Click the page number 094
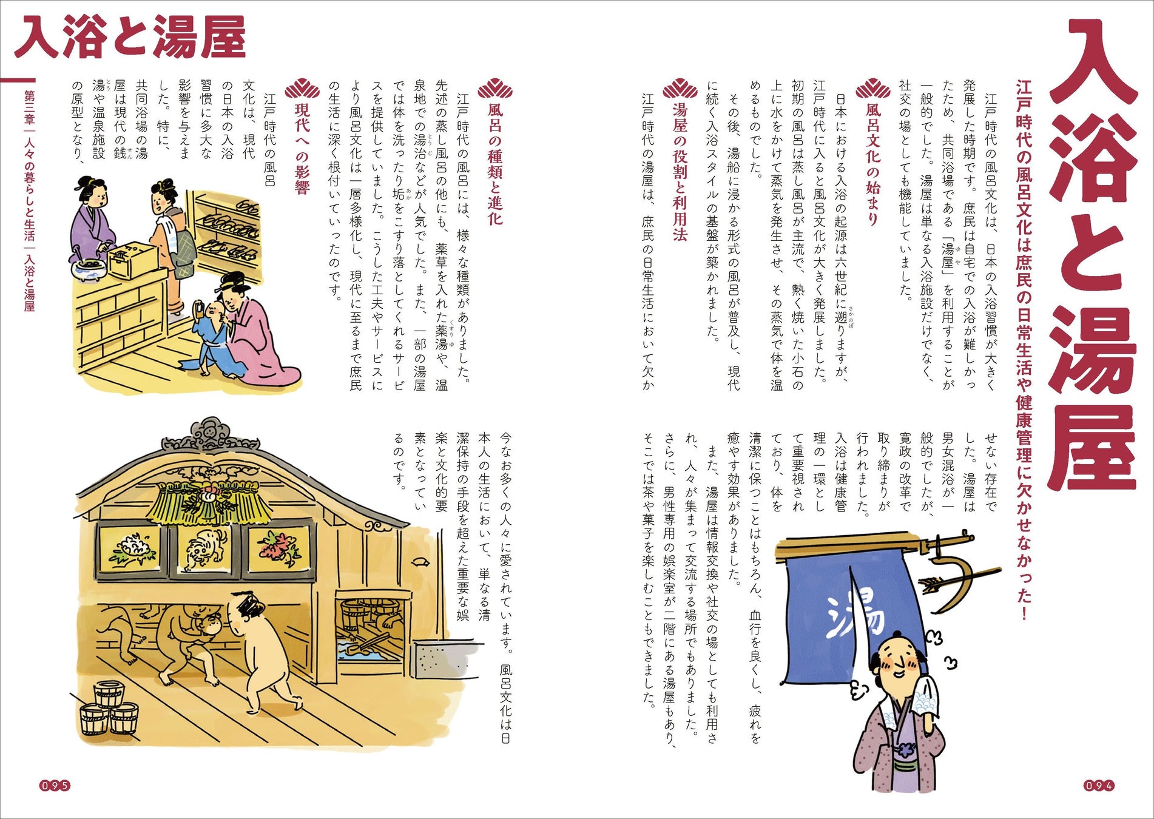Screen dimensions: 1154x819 (1099, 786)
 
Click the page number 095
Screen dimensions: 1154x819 (55, 786)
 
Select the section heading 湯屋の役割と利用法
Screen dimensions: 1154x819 (680, 172)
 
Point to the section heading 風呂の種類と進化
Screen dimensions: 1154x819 (495, 164)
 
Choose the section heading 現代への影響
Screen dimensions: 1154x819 (302, 149)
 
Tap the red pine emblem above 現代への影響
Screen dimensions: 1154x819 (302, 89)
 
